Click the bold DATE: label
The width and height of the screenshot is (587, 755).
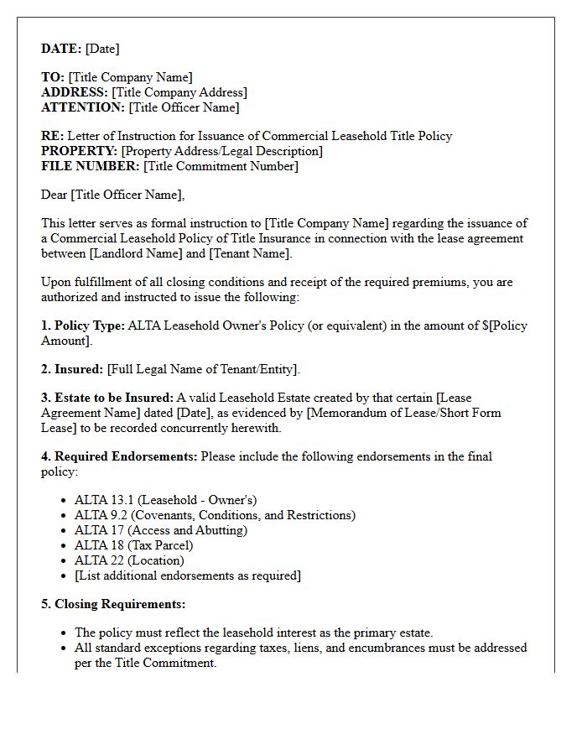click(61, 49)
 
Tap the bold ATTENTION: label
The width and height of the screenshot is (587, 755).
click(83, 107)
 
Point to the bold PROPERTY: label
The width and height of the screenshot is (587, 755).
click(80, 151)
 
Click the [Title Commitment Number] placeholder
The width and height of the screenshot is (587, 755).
click(221, 166)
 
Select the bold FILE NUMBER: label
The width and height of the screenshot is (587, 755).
click(91, 166)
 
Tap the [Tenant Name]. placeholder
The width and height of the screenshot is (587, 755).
click(250, 253)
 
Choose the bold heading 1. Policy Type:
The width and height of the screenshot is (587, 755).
click(83, 325)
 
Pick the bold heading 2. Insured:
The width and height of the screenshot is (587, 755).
click(72, 369)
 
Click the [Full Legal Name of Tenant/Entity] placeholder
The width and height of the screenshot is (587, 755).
click(203, 369)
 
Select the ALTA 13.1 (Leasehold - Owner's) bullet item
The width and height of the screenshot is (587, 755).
click(165, 500)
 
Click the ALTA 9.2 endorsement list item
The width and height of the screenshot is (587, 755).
click(215, 515)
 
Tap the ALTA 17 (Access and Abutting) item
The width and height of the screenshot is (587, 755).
click(160, 530)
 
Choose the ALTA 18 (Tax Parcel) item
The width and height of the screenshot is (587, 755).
click(133, 545)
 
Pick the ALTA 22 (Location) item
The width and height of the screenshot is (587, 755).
click(129, 560)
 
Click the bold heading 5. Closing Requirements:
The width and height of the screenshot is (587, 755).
click(113, 604)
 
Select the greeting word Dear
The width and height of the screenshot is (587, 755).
click(55, 195)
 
